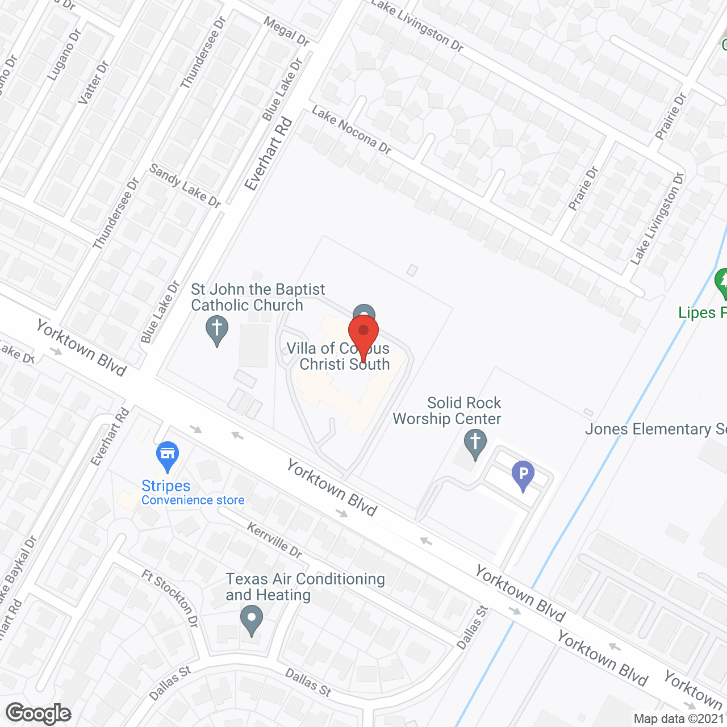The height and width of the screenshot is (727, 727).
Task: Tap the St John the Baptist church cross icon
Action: (216, 330)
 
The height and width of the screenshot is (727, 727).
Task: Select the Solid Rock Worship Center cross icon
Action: (475, 443)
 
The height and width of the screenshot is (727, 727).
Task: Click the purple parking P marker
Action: (523, 475)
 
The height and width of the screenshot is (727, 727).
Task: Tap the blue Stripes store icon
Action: (168, 456)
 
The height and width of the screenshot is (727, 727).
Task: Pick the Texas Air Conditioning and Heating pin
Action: (251, 620)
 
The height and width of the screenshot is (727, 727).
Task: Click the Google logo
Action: (39, 713)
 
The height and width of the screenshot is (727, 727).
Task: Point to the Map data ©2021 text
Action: (679, 718)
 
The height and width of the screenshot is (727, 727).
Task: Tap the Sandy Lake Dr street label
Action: (185, 185)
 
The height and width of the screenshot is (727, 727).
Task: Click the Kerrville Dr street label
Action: (275, 540)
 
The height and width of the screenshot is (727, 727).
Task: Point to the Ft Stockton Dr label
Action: (170, 599)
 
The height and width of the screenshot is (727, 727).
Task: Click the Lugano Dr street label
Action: (64, 53)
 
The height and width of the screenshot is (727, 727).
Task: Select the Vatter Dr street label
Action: (93, 82)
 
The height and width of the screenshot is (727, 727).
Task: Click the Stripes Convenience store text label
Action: (193, 493)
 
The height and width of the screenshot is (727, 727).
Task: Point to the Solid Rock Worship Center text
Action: (447, 411)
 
